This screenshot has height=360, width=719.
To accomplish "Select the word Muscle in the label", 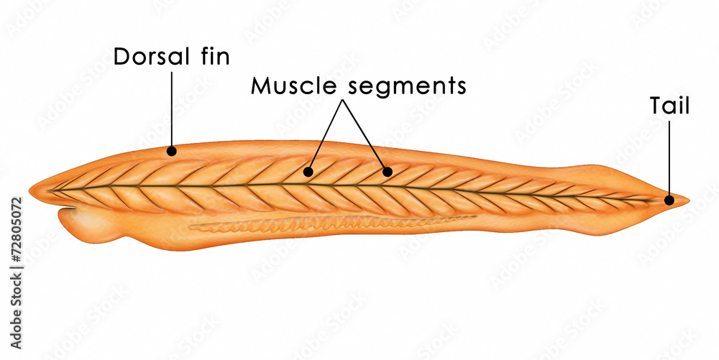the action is pyautogui.click(x=296, y=86).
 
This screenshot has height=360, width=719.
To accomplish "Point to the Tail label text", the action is pyautogui.click(x=669, y=106).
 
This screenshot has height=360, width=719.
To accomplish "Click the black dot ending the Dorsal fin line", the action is pyautogui.click(x=172, y=151).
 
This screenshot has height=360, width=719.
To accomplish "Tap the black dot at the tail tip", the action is pyautogui.click(x=669, y=200).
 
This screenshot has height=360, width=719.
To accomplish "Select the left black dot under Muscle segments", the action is pyautogui.click(x=308, y=172).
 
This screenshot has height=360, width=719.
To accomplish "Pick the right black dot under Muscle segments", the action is pyautogui.click(x=388, y=172).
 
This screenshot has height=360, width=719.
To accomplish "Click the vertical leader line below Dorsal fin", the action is pyautogui.click(x=172, y=109).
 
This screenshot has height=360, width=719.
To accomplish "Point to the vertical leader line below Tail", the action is pyautogui.click(x=669, y=158).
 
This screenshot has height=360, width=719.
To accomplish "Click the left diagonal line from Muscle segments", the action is pyautogui.click(x=326, y=134).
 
